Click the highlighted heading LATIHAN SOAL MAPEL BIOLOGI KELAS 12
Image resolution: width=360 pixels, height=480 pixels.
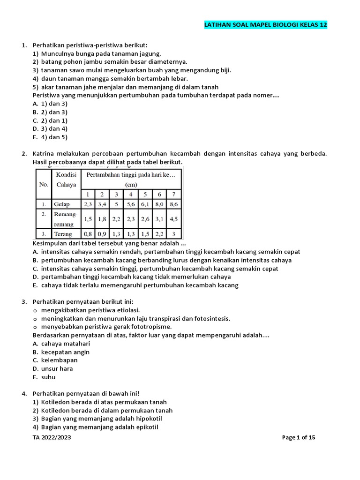(266, 25)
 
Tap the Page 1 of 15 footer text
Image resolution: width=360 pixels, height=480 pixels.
(299, 437)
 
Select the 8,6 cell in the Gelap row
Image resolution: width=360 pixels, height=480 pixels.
(173, 204)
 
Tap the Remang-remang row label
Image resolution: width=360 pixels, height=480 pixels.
(65, 219)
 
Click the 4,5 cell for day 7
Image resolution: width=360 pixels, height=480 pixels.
(173, 219)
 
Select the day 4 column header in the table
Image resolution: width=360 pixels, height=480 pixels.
(131, 194)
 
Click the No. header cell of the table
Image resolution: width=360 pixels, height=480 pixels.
(44, 184)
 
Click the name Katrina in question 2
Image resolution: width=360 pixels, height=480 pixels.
(44, 154)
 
